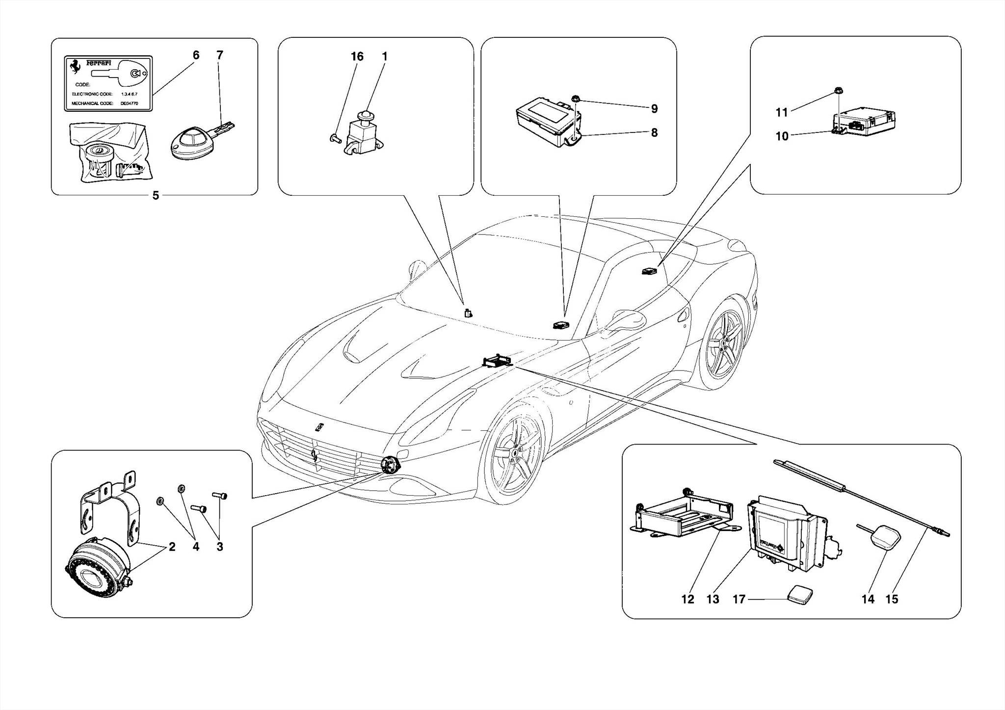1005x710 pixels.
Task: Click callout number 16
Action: pos(357,57)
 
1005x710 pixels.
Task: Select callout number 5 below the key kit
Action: pos(156,196)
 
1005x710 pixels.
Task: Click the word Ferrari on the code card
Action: pos(99,63)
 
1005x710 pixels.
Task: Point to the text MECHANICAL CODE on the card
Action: pos(92,104)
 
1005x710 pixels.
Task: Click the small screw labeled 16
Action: pos(334,139)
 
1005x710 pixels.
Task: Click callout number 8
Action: pos(654,132)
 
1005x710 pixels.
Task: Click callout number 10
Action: pos(782,136)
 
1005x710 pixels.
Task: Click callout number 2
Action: pos(172,547)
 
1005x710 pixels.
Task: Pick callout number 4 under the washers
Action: pos(196,547)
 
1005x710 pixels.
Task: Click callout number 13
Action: pos(713,599)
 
